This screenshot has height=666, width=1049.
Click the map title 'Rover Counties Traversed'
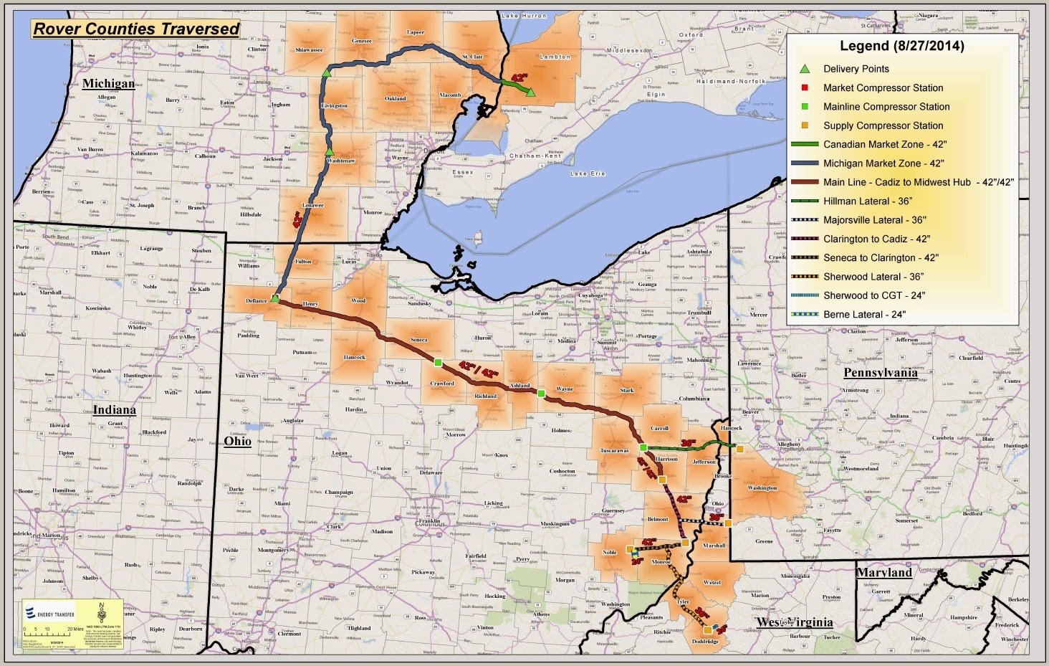click(136, 29)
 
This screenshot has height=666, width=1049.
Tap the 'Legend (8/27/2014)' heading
click(901, 47)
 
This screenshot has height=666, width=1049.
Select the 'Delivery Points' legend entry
click(856, 69)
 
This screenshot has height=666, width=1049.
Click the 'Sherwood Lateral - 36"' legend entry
click(873, 277)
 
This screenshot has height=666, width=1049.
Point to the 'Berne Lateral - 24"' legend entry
click(864, 314)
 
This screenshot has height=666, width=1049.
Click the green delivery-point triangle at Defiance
click(275, 298)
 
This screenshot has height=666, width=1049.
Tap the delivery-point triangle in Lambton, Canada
click(530, 92)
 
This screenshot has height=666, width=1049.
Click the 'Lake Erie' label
click(588, 173)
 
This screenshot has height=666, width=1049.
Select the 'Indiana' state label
click(114, 410)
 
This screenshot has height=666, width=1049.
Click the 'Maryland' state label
click(884, 573)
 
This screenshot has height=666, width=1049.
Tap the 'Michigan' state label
click(108, 83)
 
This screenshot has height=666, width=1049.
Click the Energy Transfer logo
click(49, 614)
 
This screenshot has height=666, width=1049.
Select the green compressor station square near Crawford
click(438, 361)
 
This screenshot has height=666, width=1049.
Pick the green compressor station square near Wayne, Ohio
click(542, 393)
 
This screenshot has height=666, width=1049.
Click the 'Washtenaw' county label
click(341, 161)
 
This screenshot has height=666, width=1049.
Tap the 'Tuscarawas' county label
click(614, 451)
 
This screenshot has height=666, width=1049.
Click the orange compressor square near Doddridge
click(707, 629)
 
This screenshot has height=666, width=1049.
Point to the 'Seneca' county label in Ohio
click(419, 340)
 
